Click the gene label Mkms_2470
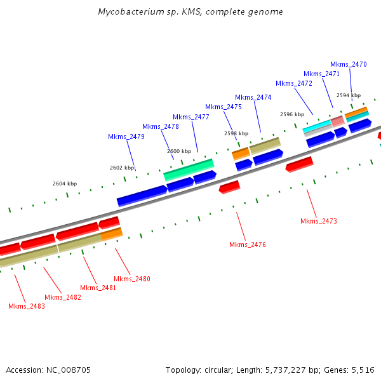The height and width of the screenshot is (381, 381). [x=349, y=64]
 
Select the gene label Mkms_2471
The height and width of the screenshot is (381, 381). [x=321, y=74]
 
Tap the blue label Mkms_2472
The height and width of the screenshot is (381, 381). [x=294, y=83]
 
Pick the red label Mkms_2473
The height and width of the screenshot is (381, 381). [x=318, y=221]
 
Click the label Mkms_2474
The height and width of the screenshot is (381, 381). [x=253, y=97]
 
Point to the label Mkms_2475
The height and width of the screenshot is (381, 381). [x=224, y=107]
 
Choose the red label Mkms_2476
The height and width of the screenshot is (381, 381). [x=248, y=244]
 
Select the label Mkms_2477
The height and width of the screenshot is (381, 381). [x=191, y=117]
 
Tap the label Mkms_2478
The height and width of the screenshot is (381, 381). [x=161, y=126]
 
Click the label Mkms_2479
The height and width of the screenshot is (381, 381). [x=126, y=137]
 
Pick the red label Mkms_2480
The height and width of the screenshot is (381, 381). [x=132, y=279]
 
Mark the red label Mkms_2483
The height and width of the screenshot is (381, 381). [x=27, y=306]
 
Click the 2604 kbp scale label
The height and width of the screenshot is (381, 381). [x=65, y=184]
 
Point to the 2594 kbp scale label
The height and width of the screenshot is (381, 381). [x=349, y=95]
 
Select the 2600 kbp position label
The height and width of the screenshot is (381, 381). [x=179, y=151]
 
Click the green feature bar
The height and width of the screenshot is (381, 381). [x=189, y=170]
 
